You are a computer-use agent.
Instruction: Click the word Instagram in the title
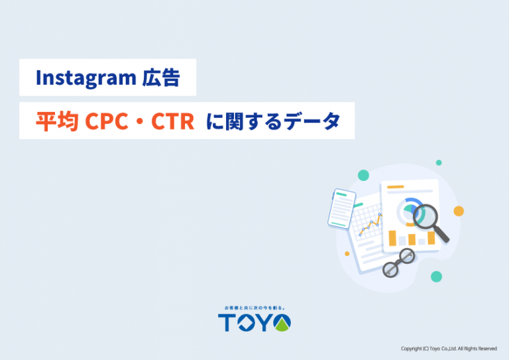[85, 78]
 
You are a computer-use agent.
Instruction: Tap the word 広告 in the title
[161, 78]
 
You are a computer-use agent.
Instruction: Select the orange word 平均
[57, 121]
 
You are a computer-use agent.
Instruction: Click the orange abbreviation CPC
[106, 121]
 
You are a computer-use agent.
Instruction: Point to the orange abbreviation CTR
[172, 121]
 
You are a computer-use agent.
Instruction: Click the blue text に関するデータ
[273, 121]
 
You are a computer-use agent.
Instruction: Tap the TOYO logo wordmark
[254, 322]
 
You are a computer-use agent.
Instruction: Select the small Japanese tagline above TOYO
[254, 308]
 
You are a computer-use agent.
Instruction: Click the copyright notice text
[449, 349]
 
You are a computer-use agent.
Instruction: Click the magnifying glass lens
[425, 215]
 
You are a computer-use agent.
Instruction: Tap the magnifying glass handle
[441, 234]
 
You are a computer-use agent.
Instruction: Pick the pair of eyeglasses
[399, 263]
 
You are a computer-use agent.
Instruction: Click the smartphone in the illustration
[342, 209]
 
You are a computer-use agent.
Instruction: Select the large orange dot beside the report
[459, 211]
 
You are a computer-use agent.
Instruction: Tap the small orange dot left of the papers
[347, 254]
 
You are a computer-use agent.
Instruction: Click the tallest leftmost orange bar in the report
[392, 238]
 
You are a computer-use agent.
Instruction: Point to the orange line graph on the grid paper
[370, 224]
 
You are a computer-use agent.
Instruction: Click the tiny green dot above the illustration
[439, 162]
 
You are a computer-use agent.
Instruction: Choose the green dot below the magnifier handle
[436, 276]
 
